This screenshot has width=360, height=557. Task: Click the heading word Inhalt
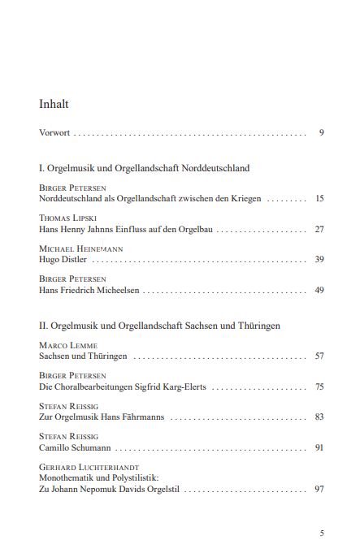pos(54,104)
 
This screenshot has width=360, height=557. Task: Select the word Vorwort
pos(54,132)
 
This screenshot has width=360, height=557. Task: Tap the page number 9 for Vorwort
pos(322,132)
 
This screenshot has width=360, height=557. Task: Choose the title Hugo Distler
pos(63,260)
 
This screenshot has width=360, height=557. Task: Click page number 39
pos(319,260)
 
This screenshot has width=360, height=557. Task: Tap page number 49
pos(319,290)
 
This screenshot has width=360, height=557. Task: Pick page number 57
pos(319,356)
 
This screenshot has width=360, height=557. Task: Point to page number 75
pos(319,387)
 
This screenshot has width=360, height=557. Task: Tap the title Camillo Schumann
pos(76,447)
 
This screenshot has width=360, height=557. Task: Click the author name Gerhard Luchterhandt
pos(89,468)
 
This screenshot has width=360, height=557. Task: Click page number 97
pos(319,490)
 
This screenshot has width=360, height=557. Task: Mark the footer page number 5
pos(322,533)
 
